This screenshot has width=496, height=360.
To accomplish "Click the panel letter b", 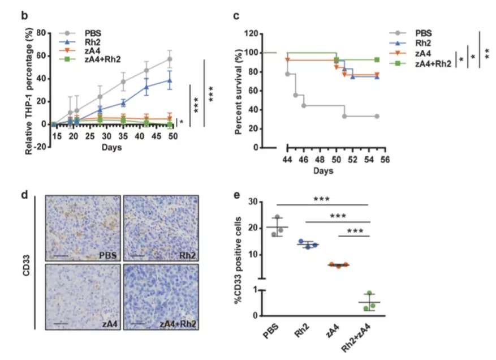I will [x=25, y=15].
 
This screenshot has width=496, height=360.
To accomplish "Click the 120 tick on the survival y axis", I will [x=262, y=33].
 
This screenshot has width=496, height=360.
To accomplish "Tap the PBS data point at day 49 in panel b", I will [x=169, y=59].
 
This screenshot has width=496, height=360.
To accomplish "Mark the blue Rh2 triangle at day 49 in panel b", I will [x=169, y=80].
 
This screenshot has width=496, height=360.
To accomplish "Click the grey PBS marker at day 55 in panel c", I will [x=377, y=116].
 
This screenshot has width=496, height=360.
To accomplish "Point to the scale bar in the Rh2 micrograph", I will [x=138, y=256].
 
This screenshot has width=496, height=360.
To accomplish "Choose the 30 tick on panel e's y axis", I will [x=261, y=202].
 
